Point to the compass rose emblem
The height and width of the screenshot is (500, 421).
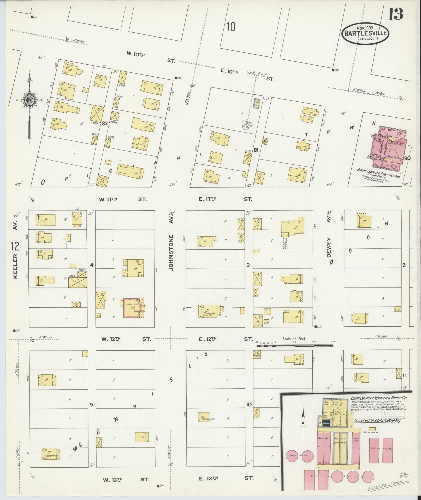click(29, 100)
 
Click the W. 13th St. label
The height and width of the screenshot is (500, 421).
click(126, 480)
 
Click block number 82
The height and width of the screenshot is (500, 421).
click(105, 124)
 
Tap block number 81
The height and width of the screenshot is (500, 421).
click(256, 150)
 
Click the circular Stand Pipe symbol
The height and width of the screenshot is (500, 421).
click(246, 127)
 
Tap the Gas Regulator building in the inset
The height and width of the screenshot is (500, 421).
click(372, 429)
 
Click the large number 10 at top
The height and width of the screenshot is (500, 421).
click(231, 27)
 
